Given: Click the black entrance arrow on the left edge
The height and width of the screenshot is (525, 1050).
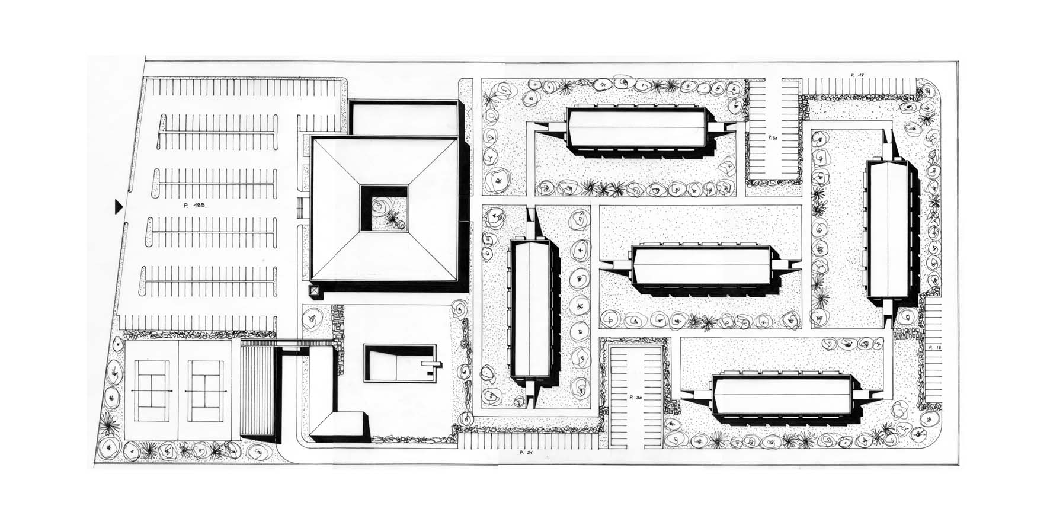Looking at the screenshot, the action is point(119,206).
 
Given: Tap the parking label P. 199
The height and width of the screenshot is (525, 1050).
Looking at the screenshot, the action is point(194,204).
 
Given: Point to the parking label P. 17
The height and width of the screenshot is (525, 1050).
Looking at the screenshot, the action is point(857,75).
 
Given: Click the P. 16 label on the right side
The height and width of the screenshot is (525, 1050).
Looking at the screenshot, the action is point(935,347).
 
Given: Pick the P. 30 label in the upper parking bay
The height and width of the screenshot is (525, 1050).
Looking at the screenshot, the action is point(773,137).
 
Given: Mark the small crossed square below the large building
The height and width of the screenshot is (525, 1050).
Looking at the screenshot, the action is point(315,292).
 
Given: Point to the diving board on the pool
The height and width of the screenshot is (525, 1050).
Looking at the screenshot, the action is point(431,363).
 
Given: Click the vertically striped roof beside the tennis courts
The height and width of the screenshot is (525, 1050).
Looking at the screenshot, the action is point(258,390).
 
